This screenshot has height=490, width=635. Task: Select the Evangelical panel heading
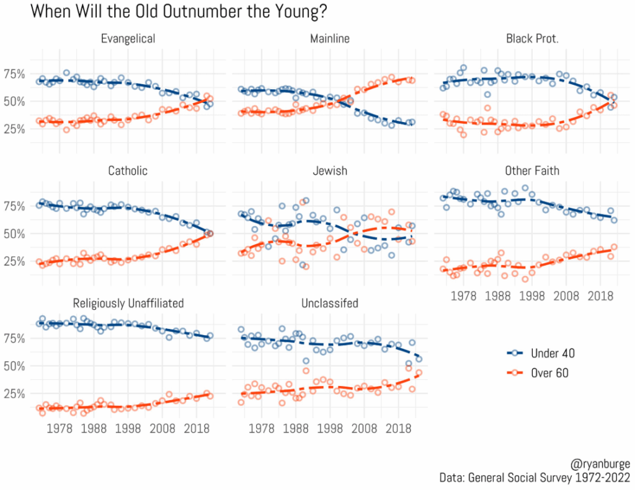tap(128, 39)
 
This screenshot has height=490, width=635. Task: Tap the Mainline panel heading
tap(330, 39)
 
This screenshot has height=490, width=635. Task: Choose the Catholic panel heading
tap(128, 170)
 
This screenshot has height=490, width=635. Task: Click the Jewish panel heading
tap(330, 170)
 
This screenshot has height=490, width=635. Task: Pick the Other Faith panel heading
tap(532, 170)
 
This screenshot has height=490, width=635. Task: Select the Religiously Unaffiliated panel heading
tap(128, 303)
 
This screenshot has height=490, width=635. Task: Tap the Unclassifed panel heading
tap(330, 303)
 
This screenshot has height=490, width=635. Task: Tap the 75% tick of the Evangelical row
tap(14, 74)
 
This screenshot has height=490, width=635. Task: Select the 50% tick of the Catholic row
tap(14, 234)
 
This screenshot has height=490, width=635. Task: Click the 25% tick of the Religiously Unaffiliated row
tap(14, 393)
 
